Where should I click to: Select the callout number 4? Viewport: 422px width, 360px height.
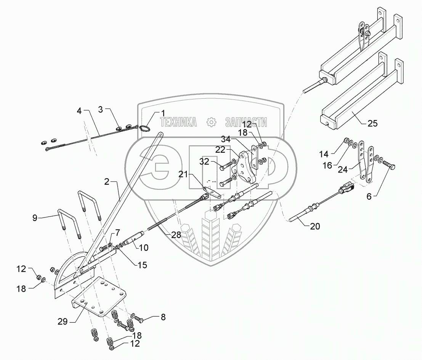(79, 112)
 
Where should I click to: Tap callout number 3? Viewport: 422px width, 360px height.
(101, 110)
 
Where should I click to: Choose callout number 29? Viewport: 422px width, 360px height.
(63, 321)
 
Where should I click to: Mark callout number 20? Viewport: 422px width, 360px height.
(315, 226)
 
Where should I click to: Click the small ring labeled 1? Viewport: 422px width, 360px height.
(144, 129)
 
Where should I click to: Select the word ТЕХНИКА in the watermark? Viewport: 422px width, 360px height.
(178, 122)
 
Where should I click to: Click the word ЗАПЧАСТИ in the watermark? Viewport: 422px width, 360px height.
(246, 122)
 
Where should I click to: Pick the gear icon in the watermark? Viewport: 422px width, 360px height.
(210, 122)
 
